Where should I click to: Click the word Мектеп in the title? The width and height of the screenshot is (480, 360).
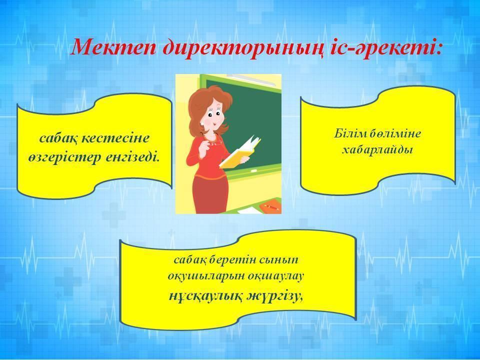pos(113,48)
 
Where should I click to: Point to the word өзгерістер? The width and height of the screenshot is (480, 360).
pos(64,157)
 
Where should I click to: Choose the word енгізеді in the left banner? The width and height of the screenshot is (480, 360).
pos(132,157)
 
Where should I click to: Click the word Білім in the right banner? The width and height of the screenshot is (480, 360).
pos(348,133)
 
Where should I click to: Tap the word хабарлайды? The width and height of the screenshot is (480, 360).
pos(377,150)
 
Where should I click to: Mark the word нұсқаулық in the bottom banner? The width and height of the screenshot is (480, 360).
pos(206,296)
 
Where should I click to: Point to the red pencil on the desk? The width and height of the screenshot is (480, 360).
pos(271,207)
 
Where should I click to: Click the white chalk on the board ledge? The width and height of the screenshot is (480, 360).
pos(254,169)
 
